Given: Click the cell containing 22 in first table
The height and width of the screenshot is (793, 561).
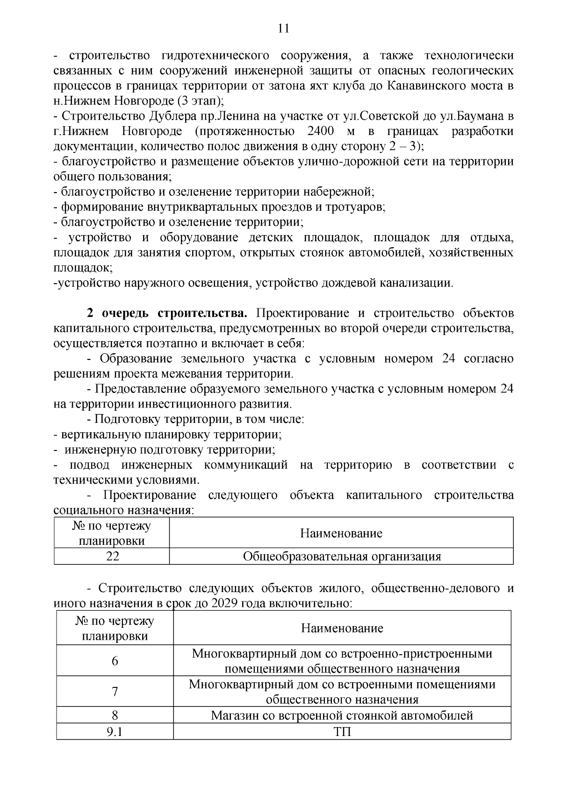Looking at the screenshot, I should click(112, 557).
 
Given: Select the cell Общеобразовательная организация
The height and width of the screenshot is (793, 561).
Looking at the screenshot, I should click(341, 557).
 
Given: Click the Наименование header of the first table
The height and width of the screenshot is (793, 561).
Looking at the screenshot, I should click(341, 533).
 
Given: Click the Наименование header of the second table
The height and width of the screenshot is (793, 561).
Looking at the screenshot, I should click(342, 628).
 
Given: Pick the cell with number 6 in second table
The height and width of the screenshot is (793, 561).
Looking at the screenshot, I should click(115, 661).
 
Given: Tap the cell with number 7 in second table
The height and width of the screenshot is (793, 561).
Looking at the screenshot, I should click(115, 692).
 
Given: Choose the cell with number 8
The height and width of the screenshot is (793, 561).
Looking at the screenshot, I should click(115, 715).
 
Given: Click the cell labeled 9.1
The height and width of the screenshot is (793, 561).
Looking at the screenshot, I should click(115, 731).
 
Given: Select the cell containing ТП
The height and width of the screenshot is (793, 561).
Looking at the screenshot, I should click(342, 731).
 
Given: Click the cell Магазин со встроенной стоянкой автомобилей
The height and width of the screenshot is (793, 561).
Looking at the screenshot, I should click(342, 715).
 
